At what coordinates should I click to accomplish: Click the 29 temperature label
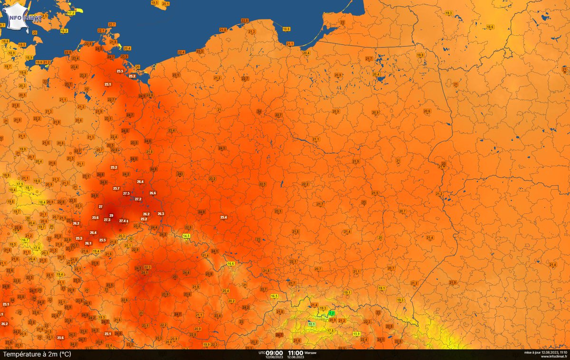(111, 216)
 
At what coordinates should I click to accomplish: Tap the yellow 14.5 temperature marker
(186, 236)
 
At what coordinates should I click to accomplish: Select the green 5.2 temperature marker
(332, 313)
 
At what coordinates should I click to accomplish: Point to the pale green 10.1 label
(311, 324)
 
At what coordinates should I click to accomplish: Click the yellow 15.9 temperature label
(356, 333)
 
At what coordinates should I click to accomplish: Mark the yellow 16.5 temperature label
(274, 296)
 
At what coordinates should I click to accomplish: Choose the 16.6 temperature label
(231, 264)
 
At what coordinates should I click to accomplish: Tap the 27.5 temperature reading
(126, 193)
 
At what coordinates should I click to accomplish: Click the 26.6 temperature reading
(152, 193)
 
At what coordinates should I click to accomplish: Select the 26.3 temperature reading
(161, 214)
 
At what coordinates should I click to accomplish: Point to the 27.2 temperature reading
(138, 199)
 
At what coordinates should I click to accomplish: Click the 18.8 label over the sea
(286, 29)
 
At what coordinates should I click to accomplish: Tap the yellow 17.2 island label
(71, 13)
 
